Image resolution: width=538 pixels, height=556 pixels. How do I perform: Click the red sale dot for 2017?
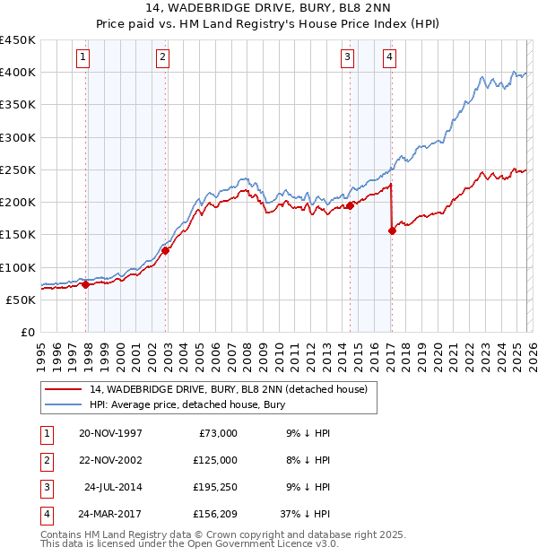[x=392, y=230]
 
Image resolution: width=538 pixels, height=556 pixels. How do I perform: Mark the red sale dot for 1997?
[x=86, y=284]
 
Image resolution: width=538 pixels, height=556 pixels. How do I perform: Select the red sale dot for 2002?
[x=166, y=251]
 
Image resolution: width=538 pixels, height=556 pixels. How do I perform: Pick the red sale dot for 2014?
[x=350, y=205]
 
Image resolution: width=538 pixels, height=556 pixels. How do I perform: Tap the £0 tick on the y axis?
[x=27, y=332]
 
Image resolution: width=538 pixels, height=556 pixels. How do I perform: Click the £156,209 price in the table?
[x=215, y=515]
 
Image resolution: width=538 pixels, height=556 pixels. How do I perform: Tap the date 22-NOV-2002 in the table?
[x=110, y=460]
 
